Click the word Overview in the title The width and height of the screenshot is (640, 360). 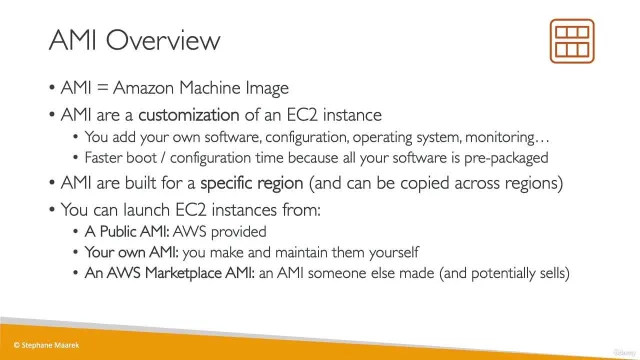[x=163, y=40]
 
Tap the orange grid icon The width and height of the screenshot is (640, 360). [x=572, y=41]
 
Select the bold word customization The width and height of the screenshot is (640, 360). [x=189, y=115]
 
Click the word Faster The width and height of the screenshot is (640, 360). [x=100, y=158]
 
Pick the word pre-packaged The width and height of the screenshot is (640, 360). [x=506, y=158]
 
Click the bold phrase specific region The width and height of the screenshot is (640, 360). [x=251, y=183]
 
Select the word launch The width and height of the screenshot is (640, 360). [x=146, y=210]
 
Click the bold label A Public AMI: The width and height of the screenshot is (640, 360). [x=127, y=231]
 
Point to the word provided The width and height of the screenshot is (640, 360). [x=239, y=232]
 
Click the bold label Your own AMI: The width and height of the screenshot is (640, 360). [x=131, y=252]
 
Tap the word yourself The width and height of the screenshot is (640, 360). [x=394, y=253]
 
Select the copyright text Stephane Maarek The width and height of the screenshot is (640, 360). [x=46, y=345]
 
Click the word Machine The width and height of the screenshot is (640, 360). [x=210, y=88]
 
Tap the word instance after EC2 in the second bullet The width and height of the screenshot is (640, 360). [x=352, y=115]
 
